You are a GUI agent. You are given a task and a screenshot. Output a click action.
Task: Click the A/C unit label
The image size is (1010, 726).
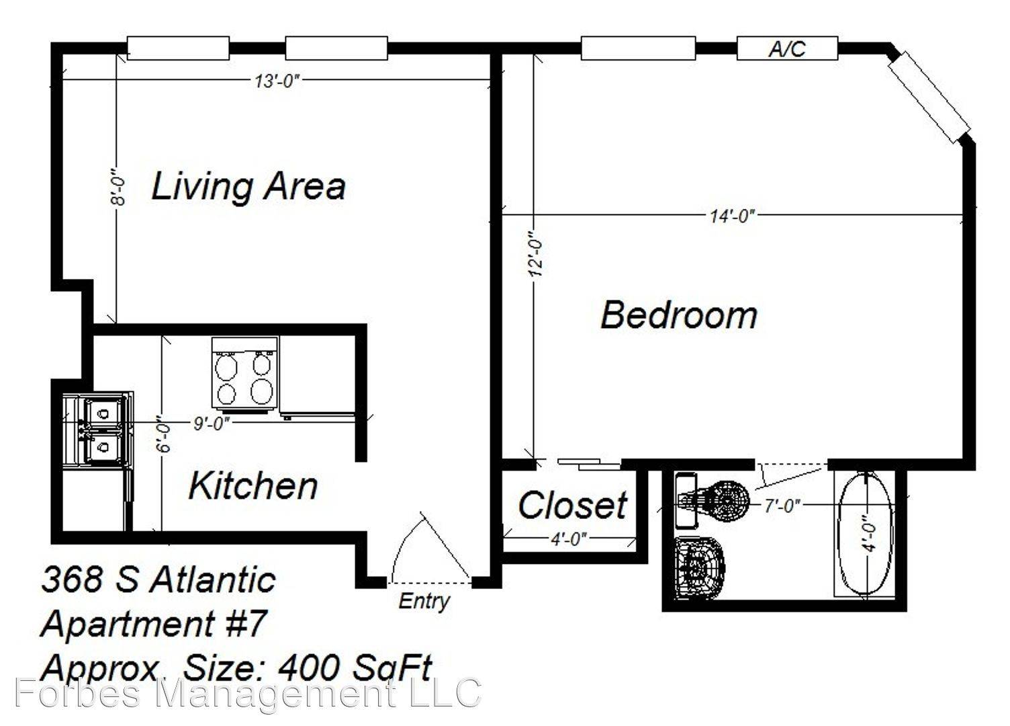click(786, 48)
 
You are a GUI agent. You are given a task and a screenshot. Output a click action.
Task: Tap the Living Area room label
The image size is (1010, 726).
click(248, 187)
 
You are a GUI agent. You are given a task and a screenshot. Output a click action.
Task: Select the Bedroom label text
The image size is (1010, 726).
click(678, 315)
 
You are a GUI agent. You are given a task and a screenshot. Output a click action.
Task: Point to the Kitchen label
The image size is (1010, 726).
click(252, 486)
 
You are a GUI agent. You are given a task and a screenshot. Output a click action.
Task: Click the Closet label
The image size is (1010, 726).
click(572, 505)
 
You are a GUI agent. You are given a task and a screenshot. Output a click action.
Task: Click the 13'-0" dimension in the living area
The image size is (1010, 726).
click(277, 81)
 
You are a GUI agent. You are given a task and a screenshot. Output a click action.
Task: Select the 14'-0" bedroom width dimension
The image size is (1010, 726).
click(732, 216)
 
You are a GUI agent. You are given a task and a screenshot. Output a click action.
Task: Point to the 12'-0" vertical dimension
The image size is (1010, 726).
click(536, 253)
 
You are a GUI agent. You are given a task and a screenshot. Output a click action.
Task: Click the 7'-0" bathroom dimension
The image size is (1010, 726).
click(782, 506)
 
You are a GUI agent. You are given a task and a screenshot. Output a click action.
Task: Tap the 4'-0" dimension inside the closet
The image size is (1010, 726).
click(569, 538)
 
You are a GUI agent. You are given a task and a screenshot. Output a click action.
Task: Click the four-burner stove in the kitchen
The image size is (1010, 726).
click(245, 375)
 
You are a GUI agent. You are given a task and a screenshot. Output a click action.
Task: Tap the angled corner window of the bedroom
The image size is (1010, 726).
click(929, 97)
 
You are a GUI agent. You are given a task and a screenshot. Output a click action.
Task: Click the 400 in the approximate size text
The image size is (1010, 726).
click(310, 668)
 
